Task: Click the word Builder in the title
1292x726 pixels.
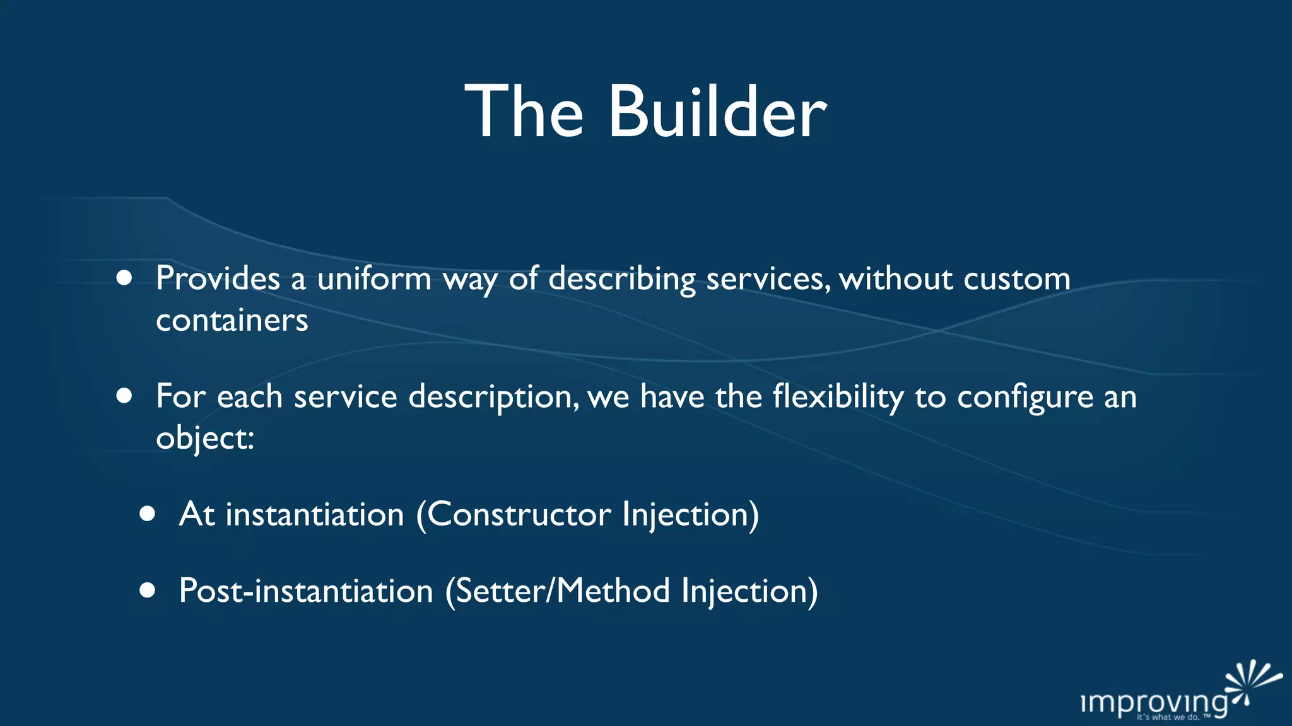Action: tap(717, 112)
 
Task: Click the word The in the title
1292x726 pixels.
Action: tap(524, 112)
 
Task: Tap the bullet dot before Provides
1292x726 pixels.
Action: tap(124, 278)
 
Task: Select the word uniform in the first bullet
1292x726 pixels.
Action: tap(374, 279)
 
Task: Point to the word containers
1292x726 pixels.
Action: tap(232, 320)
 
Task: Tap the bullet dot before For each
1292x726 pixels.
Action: tap(124, 396)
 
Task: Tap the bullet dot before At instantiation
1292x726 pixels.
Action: tap(148, 514)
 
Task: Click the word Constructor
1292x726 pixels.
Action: tap(519, 514)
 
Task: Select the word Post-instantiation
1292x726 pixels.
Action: tap(306, 591)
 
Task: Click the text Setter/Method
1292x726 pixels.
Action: tap(563, 591)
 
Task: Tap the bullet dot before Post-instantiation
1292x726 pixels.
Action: tap(148, 591)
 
